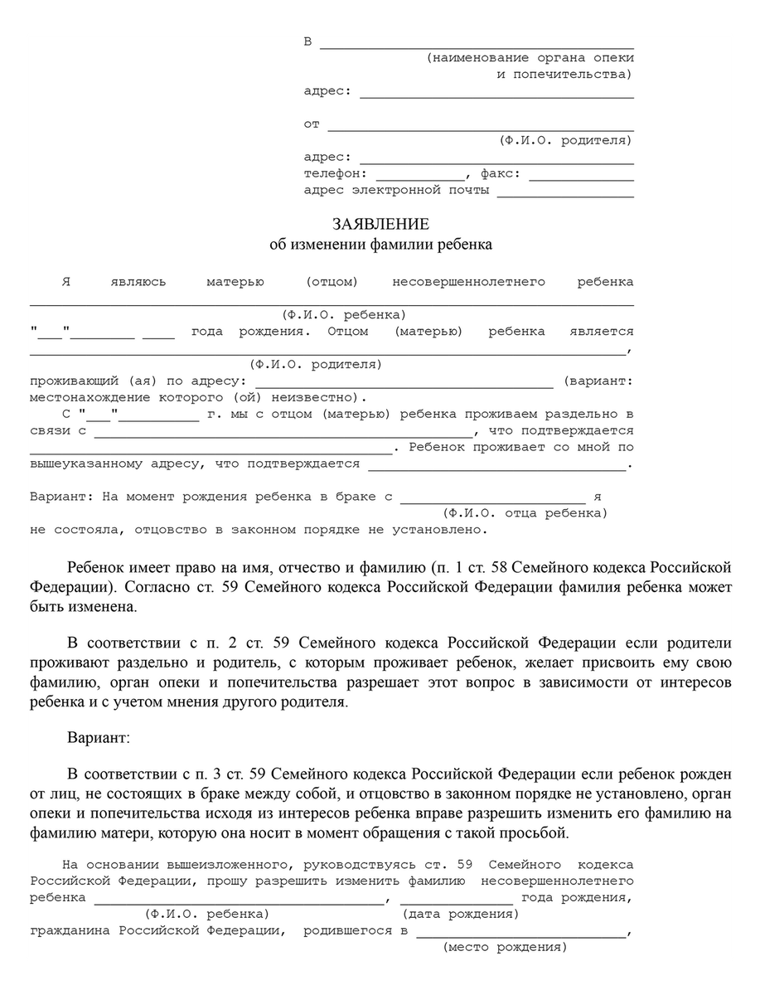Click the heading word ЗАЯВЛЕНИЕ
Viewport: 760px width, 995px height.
(x=380, y=225)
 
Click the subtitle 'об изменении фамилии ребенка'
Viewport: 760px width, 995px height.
(x=380, y=245)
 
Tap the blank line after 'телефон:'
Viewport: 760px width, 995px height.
(x=420, y=179)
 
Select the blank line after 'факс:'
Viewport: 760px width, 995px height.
(x=581, y=179)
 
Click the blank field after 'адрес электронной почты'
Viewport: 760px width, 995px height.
(x=565, y=196)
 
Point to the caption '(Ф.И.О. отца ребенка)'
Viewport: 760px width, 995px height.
(x=525, y=513)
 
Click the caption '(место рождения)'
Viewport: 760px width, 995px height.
(x=505, y=947)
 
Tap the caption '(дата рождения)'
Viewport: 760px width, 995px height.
(x=461, y=914)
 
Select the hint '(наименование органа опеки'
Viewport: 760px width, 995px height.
(x=530, y=58)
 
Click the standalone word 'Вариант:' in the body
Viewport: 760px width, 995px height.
(x=98, y=736)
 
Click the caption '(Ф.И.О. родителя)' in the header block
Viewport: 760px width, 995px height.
(x=566, y=141)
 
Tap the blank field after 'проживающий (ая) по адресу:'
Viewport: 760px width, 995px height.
(x=404, y=386)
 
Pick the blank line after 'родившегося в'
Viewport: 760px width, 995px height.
(x=521, y=935)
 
